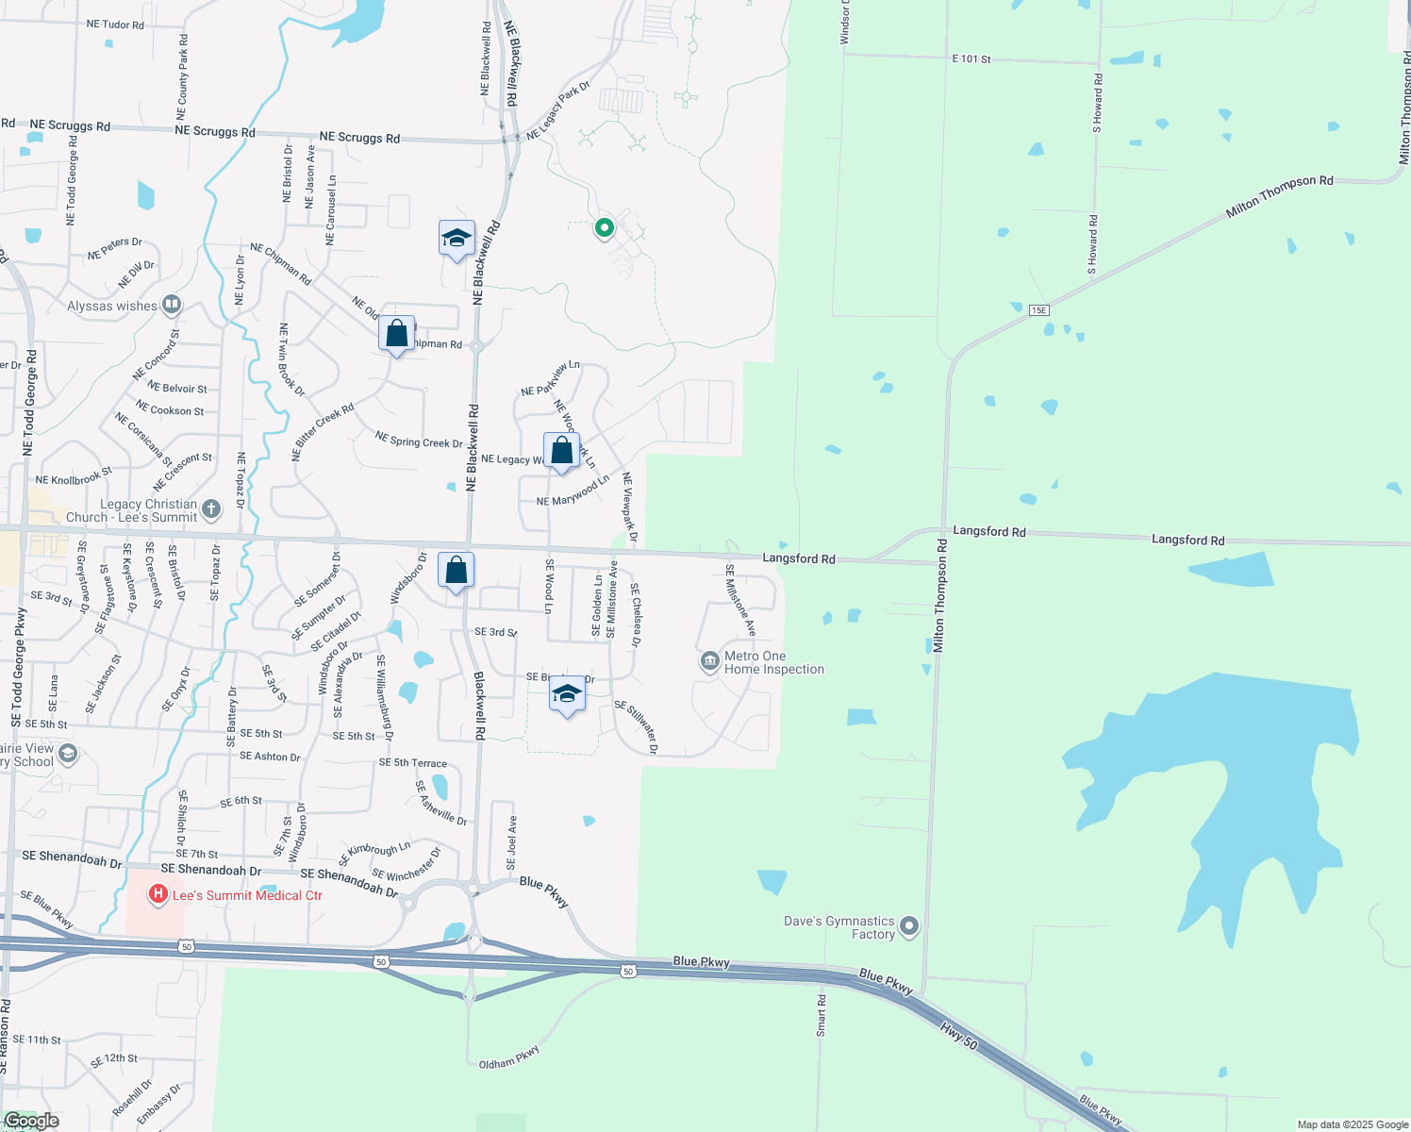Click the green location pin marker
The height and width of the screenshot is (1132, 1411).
604,227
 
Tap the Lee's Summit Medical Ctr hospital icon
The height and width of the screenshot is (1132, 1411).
158,893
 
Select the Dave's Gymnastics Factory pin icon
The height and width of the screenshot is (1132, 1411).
909,926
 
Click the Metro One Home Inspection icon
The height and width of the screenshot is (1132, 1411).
709,661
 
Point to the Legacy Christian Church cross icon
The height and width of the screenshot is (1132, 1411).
210,509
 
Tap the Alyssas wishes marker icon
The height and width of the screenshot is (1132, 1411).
172,304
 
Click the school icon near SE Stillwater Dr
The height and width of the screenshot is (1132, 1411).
566,694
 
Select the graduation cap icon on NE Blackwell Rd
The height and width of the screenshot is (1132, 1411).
456,239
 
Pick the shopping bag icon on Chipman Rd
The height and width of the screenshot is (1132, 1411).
397,334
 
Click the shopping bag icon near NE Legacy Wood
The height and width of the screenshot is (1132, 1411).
561,451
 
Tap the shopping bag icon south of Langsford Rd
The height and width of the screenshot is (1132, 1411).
456,571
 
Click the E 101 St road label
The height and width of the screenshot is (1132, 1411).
971,58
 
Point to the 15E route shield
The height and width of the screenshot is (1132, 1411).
1038,309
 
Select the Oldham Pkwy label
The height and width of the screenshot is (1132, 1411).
509,1057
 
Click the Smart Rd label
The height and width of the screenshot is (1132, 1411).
822,1015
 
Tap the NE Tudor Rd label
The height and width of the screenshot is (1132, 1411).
115,25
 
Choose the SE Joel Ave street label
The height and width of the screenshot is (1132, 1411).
512,842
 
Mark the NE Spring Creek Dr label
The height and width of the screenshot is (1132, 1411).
419,440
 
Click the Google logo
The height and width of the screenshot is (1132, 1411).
31,1121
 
